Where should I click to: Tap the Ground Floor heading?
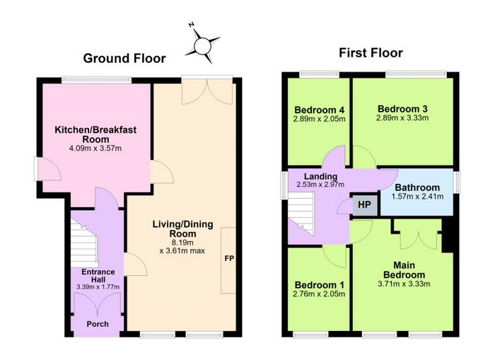(124, 59)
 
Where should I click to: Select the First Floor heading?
(371, 53)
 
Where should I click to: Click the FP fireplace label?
(229, 258)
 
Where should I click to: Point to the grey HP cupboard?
(365, 204)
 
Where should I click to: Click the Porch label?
(98, 324)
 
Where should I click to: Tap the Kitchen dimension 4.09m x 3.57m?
(95, 148)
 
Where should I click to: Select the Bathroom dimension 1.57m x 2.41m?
(417, 197)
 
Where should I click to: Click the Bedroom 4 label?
(319, 110)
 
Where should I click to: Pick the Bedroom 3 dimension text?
(402, 118)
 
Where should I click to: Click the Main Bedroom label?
(404, 269)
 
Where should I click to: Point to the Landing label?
(320, 176)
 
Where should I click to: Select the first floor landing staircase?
(301, 214)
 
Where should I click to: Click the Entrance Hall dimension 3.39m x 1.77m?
(98, 287)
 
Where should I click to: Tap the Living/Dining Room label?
(182, 229)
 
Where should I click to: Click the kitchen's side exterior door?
(47, 169)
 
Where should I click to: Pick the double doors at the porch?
(98, 303)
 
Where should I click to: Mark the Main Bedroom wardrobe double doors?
(419, 239)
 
